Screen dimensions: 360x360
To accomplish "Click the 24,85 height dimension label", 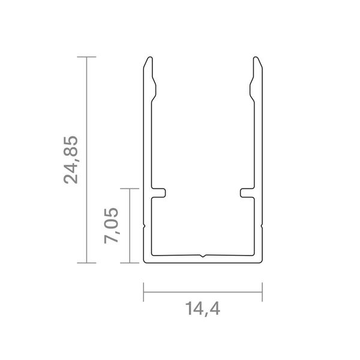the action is pyautogui.click(x=71, y=160).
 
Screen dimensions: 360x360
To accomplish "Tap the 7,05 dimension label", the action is pyautogui.click(x=112, y=226).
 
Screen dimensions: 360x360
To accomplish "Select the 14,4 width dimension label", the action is pyautogui.click(x=203, y=309).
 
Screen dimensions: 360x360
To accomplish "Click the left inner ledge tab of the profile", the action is pyautogui.click(x=158, y=193).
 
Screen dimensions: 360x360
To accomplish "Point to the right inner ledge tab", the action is pyautogui.click(x=247, y=193).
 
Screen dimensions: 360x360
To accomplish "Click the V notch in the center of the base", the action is pyautogui.click(x=202, y=256).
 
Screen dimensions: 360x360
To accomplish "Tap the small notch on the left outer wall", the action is pyautogui.click(x=144, y=226).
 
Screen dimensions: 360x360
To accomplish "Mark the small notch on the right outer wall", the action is pyautogui.click(x=262, y=226).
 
